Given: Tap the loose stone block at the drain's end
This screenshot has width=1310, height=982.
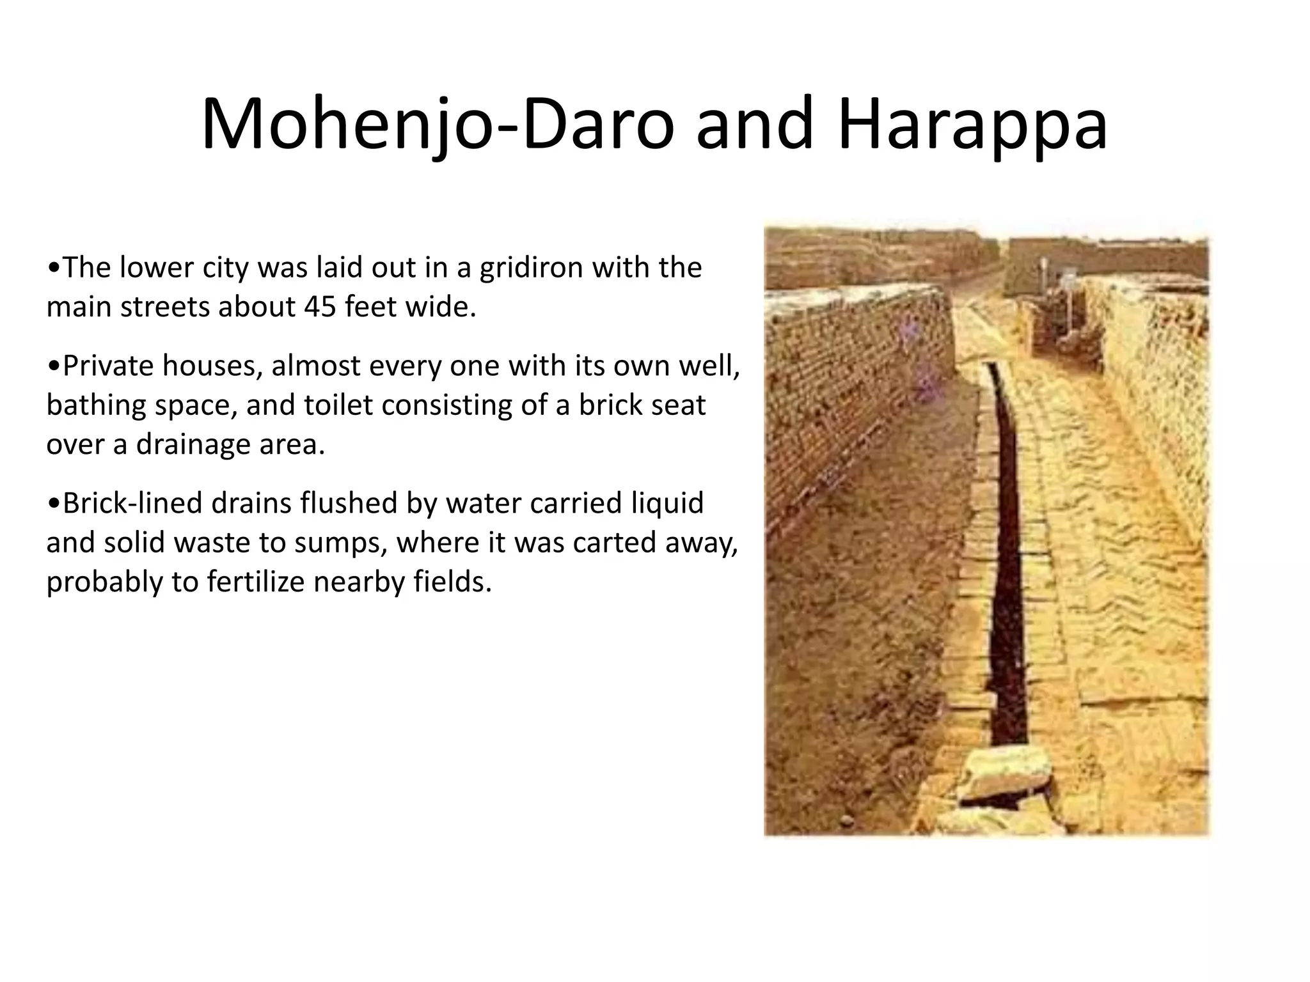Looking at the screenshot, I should coord(1007,774).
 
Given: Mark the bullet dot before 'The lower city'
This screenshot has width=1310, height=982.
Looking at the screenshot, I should coord(54,269).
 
